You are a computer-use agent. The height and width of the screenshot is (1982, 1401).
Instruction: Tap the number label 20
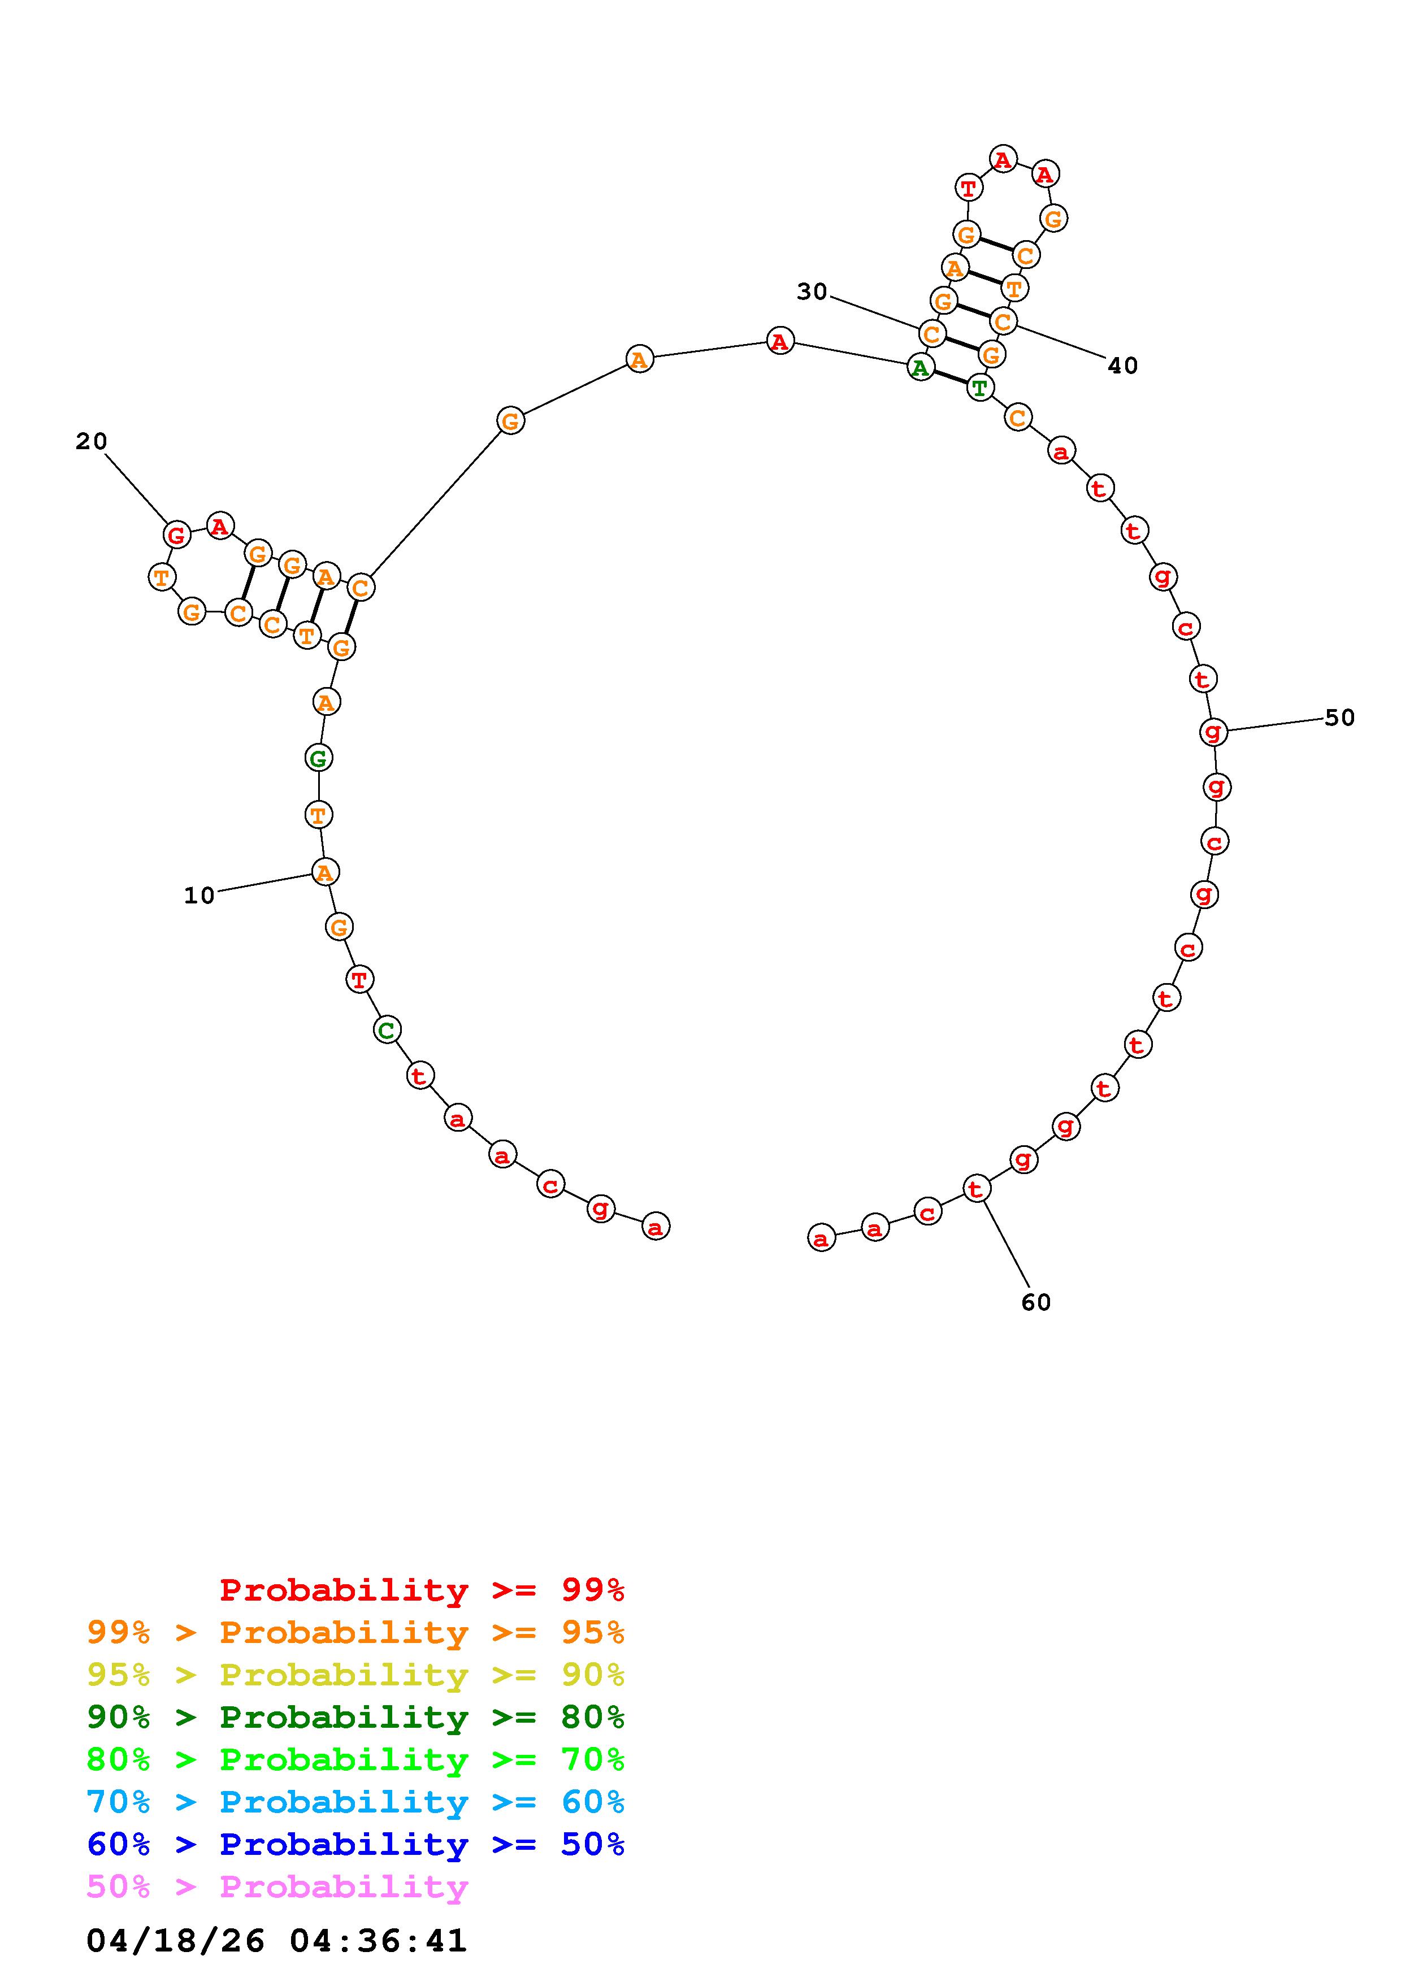pos(92,442)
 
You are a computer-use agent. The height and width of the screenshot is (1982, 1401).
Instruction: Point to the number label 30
pos(812,293)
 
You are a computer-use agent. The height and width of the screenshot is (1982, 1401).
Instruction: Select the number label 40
pos(1123,366)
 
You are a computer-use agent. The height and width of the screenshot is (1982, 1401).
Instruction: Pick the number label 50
pos(1340,718)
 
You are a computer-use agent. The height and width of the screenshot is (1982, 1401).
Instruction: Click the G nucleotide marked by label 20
pos(177,535)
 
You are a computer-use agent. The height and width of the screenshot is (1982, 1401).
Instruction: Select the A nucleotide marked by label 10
pos(324,873)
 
